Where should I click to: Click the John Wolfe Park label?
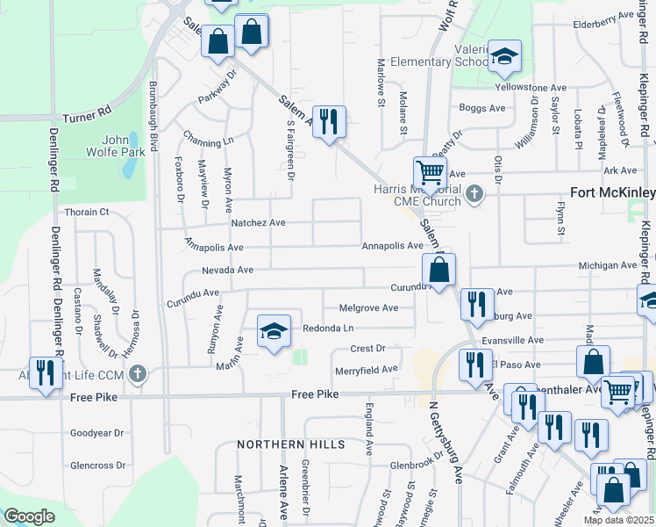coord(123,145)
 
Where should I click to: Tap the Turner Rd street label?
coord(86,115)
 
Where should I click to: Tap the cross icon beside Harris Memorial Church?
coord(474,193)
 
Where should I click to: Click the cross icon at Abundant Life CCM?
coord(137,375)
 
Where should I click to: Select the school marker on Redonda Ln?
coord(274,333)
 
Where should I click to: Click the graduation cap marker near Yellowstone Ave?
coord(504,58)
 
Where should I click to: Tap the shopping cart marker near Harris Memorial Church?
coord(430,171)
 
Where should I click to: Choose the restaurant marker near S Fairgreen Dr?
coord(329,122)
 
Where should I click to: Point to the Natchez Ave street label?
coord(258,223)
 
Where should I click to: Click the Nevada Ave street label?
coord(227,271)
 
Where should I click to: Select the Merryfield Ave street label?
coord(367,370)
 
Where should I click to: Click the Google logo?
coord(30,516)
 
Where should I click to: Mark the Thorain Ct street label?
coord(87,212)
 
